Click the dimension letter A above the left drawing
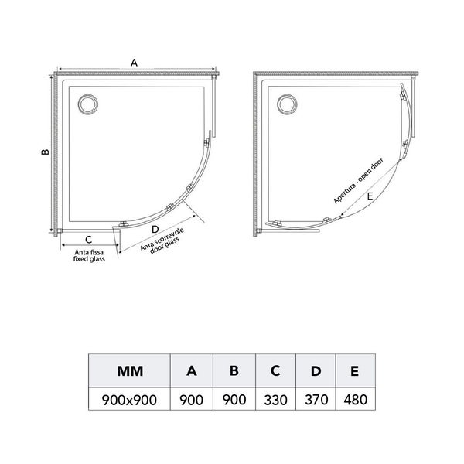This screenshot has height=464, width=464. (134, 63)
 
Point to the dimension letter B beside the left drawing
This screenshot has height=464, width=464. (45, 152)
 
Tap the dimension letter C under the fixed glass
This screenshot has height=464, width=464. (88, 240)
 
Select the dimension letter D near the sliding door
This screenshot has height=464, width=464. (155, 229)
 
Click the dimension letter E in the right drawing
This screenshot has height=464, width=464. (370, 196)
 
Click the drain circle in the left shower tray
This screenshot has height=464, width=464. (88, 104)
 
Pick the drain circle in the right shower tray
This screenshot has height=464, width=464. (287, 104)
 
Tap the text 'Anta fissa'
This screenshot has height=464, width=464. (89, 252)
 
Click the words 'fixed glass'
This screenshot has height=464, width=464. (89, 259)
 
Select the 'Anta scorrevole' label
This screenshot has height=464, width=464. (162, 239)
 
